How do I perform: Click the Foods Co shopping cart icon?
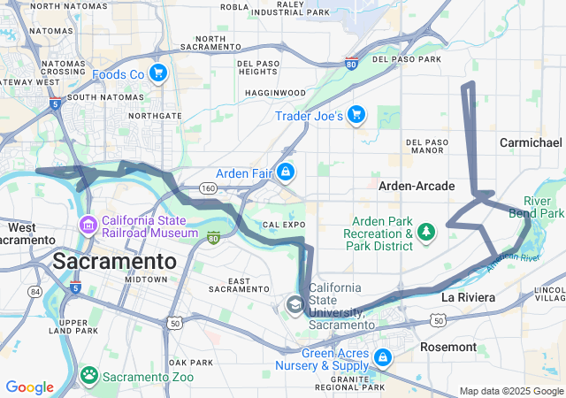click(x=158, y=73)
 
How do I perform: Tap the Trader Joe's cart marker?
click(x=356, y=114)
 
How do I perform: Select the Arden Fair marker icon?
click(x=286, y=172)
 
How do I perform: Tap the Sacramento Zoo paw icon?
click(x=89, y=375)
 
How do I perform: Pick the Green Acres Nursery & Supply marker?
click(x=383, y=358)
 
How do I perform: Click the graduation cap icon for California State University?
click(x=294, y=305)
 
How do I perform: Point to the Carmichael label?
click(x=531, y=142)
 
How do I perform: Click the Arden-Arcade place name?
click(x=417, y=186)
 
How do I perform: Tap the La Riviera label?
click(x=468, y=298)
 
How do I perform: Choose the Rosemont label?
click(x=447, y=347)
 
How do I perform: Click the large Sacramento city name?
click(x=116, y=261)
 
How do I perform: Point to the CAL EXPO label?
click(x=283, y=225)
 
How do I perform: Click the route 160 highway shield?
click(x=208, y=188)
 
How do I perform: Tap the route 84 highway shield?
click(x=34, y=291)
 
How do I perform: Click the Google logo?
click(x=30, y=387)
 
